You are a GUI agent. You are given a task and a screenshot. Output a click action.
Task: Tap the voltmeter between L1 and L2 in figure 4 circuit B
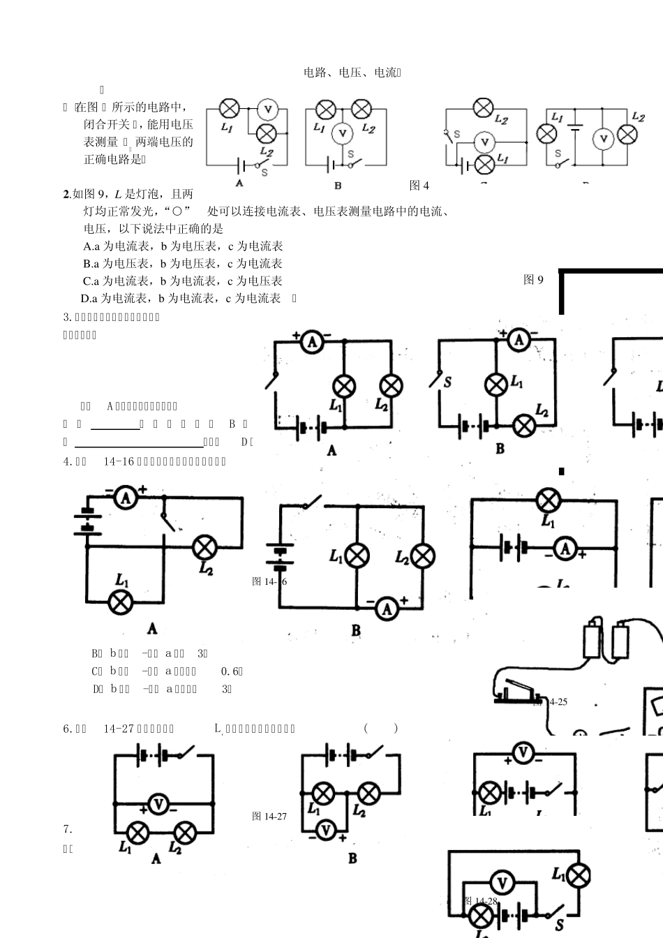pos(341,133)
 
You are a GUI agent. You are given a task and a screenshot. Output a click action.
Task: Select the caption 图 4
pos(419,185)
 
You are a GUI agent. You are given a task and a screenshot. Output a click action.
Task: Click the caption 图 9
pos(533,280)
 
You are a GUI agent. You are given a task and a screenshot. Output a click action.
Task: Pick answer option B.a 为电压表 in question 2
pos(182,264)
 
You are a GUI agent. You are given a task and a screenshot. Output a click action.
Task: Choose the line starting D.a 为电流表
pos(181,299)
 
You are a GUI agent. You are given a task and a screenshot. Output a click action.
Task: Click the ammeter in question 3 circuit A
pos(311,341)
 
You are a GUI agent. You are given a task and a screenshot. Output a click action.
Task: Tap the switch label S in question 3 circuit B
pos(447,382)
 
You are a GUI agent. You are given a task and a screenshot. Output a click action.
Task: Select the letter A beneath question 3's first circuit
pos(331,451)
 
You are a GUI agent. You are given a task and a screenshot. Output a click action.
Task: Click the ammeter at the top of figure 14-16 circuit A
pos(125,498)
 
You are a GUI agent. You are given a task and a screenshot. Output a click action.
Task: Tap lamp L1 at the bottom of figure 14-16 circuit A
pos(122,602)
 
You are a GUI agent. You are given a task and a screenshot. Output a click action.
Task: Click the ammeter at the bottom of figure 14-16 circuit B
pos(387,609)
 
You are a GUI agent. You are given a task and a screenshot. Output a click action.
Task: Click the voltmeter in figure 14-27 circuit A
pos(158,805)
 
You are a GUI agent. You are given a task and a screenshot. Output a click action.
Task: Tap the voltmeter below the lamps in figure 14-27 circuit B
pos(325,830)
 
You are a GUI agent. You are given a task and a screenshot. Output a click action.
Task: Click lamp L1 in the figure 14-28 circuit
pos(579,876)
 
